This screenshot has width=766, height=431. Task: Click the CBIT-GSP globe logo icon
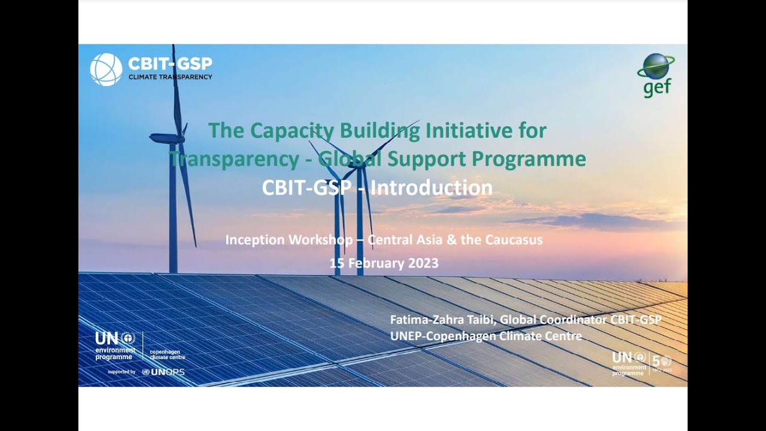coord(106,69)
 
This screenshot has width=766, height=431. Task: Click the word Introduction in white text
coord(431,188)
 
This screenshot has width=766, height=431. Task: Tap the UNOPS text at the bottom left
coord(168,372)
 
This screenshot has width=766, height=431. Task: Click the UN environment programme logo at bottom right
coord(629,363)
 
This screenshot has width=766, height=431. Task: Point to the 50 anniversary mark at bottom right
coord(661,362)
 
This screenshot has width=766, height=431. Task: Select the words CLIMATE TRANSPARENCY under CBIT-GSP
coord(170,77)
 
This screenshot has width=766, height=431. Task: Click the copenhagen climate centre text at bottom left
coord(166,354)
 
